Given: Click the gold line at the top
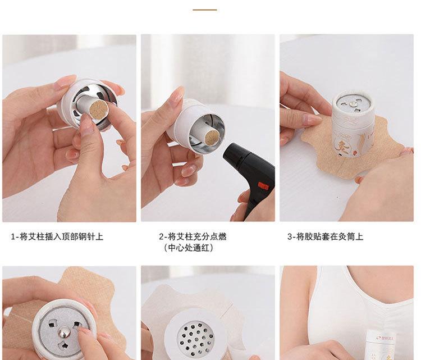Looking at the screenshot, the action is click(x=204, y=10).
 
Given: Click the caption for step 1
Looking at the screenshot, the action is click(x=57, y=237).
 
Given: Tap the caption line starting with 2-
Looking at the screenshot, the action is click(x=193, y=236).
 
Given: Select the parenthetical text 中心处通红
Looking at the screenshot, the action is click(x=189, y=248).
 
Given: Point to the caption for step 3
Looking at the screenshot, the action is click(x=325, y=236).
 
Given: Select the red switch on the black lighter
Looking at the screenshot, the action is click(x=263, y=186).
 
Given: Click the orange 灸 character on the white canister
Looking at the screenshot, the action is click(x=344, y=147).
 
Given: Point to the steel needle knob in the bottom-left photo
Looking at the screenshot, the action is click(x=65, y=332).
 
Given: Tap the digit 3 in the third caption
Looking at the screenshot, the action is click(x=290, y=237).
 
